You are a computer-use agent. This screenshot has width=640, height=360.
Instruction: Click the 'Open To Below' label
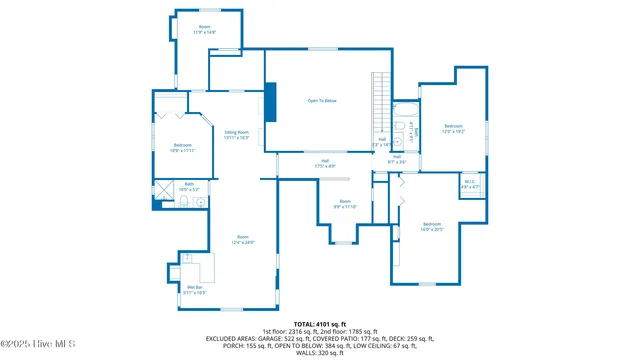(321, 101)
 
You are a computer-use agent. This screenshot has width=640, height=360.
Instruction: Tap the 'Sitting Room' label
(237, 134)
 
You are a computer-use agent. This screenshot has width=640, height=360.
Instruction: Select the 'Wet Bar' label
(195, 291)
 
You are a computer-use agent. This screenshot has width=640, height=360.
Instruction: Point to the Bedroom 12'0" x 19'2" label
(454, 129)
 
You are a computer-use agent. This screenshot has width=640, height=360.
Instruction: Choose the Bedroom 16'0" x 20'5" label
(431, 226)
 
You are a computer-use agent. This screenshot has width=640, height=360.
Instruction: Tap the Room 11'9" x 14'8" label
(204, 30)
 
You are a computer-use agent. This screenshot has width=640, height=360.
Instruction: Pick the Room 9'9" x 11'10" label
(345, 204)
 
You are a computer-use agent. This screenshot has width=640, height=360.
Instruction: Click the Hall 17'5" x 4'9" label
(325, 163)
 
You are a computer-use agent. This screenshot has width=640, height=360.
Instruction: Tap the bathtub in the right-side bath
(409, 129)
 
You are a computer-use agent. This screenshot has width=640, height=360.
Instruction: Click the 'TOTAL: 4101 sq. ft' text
(320, 324)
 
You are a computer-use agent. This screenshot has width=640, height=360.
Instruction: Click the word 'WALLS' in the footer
(299, 353)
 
